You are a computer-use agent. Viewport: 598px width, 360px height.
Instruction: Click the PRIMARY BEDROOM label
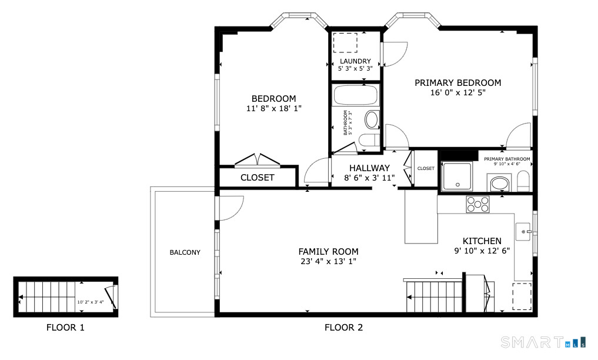pyautogui.click(x=457, y=83)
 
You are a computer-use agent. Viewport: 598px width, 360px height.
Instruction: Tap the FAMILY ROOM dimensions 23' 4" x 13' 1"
pyautogui.click(x=328, y=261)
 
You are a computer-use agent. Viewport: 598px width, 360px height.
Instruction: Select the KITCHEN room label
pyautogui.click(x=482, y=241)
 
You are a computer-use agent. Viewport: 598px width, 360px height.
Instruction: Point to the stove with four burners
pyautogui.click(x=477, y=204)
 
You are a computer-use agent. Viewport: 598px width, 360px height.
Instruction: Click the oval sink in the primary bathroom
pyautogui.click(x=500, y=184)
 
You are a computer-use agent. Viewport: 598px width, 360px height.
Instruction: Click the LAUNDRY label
pyautogui.click(x=355, y=61)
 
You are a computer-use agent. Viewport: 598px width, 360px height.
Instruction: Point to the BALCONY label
pyautogui.click(x=185, y=252)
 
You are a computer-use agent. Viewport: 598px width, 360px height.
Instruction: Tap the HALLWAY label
pyautogui.click(x=369, y=168)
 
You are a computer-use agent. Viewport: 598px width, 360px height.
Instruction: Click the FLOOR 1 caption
pyautogui.click(x=65, y=328)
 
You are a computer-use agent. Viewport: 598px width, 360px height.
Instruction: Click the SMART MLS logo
pyautogui.click(x=542, y=342)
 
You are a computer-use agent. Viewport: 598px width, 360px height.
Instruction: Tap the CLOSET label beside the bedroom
pyautogui.click(x=257, y=177)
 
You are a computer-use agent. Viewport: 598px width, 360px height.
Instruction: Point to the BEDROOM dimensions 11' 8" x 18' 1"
pyautogui.click(x=273, y=109)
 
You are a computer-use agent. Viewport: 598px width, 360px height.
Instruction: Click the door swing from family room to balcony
pyautogui.click(x=230, y=208)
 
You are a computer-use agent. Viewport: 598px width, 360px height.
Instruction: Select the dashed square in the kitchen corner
pyautogui.click(x=521, y=296)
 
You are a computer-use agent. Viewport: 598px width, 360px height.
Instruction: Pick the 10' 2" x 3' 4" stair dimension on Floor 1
pyautogui.click(x=90, y=302)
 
